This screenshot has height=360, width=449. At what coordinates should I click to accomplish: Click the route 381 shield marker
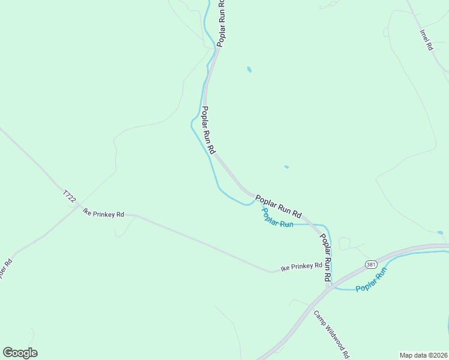point(370,265)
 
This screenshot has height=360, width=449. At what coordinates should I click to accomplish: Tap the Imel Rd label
point(426,40)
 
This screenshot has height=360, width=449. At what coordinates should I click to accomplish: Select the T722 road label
point(70,197)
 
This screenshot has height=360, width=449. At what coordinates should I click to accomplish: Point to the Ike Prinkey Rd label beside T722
point(103,214)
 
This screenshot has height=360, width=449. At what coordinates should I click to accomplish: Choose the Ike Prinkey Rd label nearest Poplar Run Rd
point(302,266)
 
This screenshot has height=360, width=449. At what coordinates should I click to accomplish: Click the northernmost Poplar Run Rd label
point(221,23)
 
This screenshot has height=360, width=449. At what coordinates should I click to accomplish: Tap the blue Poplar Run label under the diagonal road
point(277,217)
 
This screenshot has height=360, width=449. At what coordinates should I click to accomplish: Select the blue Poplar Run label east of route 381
point(372,280)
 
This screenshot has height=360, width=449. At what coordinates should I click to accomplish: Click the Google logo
point(20,353)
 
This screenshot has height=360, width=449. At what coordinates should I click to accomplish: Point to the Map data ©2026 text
point(424,355)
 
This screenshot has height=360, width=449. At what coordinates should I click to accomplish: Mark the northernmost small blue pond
point(249,70)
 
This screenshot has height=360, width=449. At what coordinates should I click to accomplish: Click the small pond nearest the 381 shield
point(440,232)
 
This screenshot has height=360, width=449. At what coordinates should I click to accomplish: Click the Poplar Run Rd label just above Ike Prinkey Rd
point(325,258)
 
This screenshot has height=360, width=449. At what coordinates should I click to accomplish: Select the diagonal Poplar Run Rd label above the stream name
point(278,205)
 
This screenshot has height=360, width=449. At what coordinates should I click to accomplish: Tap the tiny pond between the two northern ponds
point(286,167)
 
